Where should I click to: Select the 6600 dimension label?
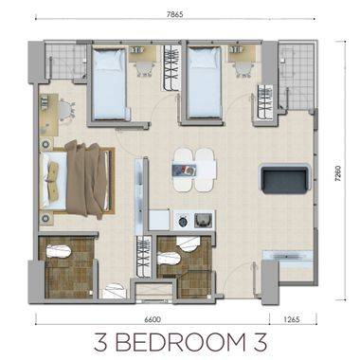click(x=144, y=321)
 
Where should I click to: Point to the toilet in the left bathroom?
click(x=58, y=252)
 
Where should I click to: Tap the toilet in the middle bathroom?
click(x=181, y=249)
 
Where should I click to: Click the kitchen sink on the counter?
click(x=201, y=220)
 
